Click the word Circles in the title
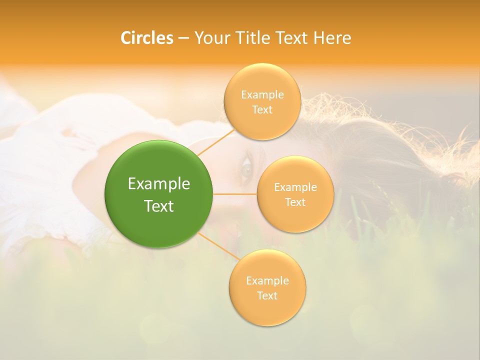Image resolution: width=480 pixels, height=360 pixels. tap(146, 38)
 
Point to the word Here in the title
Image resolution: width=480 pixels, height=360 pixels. tap(332, 38)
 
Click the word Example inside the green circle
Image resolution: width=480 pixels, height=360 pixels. tap(159, 184)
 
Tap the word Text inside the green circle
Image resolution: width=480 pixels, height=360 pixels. tap(159, 206)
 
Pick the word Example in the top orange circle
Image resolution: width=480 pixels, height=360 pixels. tap(262, 95)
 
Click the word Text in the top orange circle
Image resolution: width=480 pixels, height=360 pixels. tap(262, 110)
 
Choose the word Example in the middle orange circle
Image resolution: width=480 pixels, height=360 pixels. tap(295, 187)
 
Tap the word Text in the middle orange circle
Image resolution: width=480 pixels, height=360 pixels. tap(295, 202)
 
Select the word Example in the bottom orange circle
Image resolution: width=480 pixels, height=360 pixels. tap(267, 281)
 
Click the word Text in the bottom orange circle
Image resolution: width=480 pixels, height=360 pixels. tap(267, 296)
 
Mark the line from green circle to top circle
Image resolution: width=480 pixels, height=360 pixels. tap(216, 142)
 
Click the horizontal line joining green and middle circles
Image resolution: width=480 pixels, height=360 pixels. tap(235, 194)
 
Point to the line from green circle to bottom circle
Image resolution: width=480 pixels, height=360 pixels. tap(219, 246)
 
